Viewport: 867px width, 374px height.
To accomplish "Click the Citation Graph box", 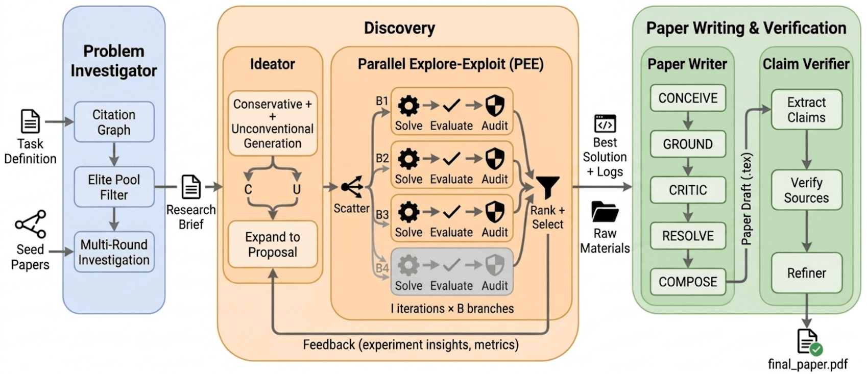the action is tap(114, 122).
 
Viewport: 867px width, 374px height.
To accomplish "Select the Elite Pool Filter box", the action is tap(114, 187).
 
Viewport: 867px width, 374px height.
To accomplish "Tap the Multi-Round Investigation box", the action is tap(114, 252).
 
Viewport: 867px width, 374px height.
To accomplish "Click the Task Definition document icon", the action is tap(30, 121).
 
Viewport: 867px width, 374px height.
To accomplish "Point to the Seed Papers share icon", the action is tap(31, 224).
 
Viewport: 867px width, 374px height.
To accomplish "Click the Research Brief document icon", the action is tap(191, 187).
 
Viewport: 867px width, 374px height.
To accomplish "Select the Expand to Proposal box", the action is tap(273, 244).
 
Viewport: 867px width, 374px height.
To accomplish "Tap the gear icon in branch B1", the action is tap(408, 106).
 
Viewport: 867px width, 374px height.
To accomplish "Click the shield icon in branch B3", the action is tap(495, 212).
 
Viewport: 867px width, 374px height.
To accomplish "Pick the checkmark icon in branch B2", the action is tap(451, 159).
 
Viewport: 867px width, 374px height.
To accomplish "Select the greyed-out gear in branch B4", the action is tap(408, 265).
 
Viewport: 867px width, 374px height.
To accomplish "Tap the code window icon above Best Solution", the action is tap(605, 124).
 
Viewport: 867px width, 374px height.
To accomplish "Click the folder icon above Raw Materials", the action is tap(605, 212).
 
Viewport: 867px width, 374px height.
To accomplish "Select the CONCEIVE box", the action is tap(688, 98).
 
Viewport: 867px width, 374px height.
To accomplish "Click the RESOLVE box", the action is tap(688, 236).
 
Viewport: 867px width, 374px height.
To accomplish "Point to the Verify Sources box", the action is tap(807, 190).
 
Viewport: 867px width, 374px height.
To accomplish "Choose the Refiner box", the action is tap(807, 273).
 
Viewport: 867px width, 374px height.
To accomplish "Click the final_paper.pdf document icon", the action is tap(808, 342).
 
